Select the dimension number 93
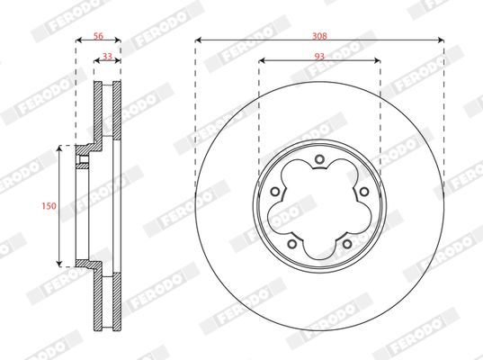click(319, 55)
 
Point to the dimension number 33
click(107, 55)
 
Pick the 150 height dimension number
click(49, 206)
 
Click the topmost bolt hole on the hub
click(319, 162)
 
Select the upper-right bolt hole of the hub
click(362, 191)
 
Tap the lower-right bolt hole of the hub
click(345, 240)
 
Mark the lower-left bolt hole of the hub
click(293, 240)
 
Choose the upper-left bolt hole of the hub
click(277, 191)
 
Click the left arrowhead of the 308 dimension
click(198, 40)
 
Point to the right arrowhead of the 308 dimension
click(441, 40)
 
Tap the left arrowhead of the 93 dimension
click(262, 61)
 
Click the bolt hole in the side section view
click(84, 162)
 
